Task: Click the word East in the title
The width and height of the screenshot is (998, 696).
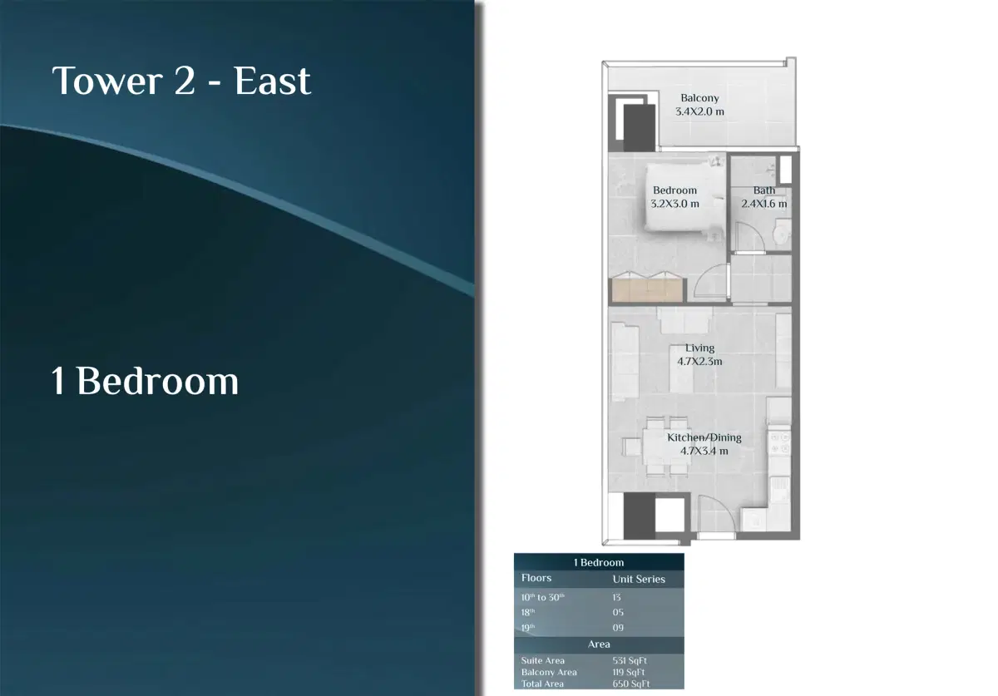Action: click(273, 81)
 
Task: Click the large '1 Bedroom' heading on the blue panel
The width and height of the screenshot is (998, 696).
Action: click(146, 381)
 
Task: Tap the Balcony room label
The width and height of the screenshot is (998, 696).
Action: click(699, 98)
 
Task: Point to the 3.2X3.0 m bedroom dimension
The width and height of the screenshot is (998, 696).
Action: click(674, 203)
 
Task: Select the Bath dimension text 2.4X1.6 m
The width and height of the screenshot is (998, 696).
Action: click(764, 203)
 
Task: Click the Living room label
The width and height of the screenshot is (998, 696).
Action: click(699, 348)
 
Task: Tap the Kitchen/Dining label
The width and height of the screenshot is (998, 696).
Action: click(704, 437)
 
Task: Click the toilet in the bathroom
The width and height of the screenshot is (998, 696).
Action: click(779, 234)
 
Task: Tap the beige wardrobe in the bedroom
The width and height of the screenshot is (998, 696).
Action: click(647, 290)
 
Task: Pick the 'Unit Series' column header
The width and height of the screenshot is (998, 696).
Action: click(639, 579)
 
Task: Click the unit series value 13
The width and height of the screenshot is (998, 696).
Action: click(617, 597)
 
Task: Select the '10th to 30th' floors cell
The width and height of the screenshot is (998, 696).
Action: click(543, 597)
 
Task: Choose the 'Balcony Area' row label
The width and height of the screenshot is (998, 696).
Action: click(549, 672)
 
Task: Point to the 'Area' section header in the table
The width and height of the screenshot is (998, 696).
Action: click(599, 644)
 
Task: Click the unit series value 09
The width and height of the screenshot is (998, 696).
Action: click(618, 628)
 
